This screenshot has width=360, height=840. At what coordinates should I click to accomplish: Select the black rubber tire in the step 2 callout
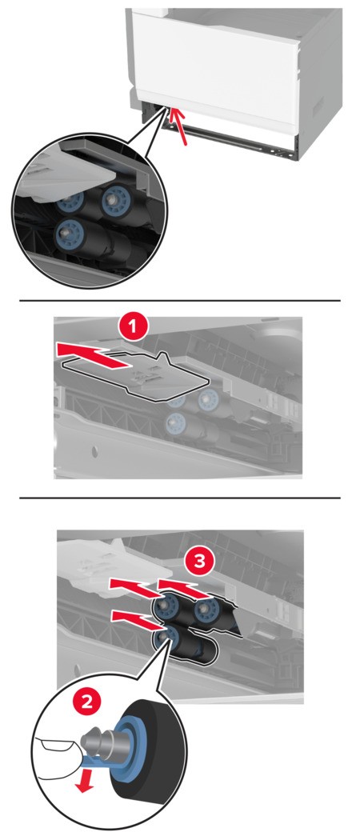point(150,772)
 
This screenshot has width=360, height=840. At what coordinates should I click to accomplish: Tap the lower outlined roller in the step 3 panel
point(186,645)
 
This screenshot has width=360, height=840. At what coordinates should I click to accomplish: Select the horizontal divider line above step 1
point(180,301)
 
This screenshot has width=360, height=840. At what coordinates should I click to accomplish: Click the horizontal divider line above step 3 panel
point(180,498)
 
